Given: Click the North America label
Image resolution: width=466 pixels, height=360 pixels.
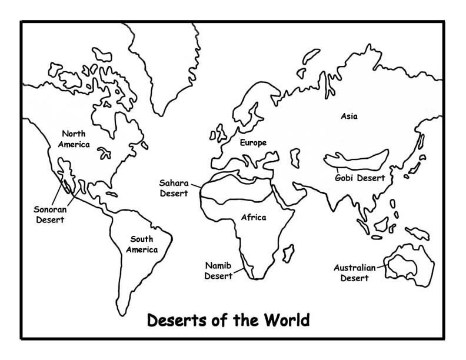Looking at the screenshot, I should pos(74,139).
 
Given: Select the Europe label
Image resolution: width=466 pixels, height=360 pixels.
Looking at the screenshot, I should pos(253,143).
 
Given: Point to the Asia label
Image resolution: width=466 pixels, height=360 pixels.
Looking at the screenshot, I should pos(349,116).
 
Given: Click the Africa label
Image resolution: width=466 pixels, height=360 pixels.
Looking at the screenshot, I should pos(254,217).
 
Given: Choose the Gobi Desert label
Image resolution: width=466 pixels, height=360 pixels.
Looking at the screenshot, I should pos(360,178).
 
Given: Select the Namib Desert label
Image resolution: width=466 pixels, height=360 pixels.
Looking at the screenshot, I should pos(218,269).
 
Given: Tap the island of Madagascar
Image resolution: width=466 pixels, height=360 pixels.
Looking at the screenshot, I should pos(288,254).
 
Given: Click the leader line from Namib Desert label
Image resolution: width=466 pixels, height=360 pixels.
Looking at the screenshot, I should pos(240,271).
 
